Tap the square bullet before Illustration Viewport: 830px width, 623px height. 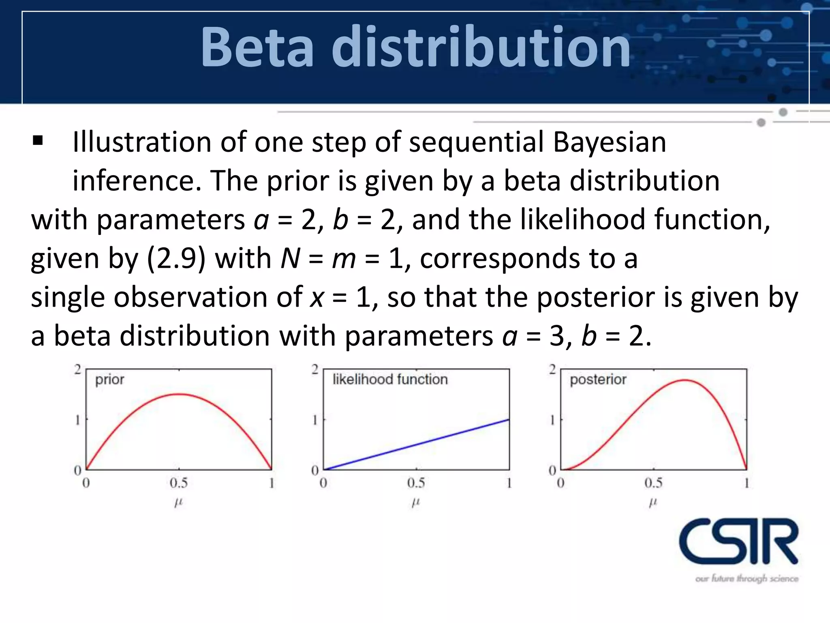38,141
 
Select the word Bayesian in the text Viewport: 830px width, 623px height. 609,143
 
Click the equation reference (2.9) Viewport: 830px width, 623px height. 176,258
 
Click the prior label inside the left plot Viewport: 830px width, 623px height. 109,380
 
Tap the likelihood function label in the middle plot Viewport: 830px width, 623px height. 390,380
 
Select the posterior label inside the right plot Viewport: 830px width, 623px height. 598,380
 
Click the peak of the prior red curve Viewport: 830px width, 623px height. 179,394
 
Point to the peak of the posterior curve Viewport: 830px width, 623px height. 684,380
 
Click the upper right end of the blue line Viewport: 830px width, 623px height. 508,420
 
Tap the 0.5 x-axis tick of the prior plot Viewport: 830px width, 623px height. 179,483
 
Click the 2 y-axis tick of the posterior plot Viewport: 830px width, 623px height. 552,370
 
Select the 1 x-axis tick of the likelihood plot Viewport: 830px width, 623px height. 509,483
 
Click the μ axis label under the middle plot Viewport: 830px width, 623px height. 416,503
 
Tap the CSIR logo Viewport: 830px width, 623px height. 738,541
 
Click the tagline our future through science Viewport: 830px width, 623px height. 747,578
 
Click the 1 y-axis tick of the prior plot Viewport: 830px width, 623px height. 77,420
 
